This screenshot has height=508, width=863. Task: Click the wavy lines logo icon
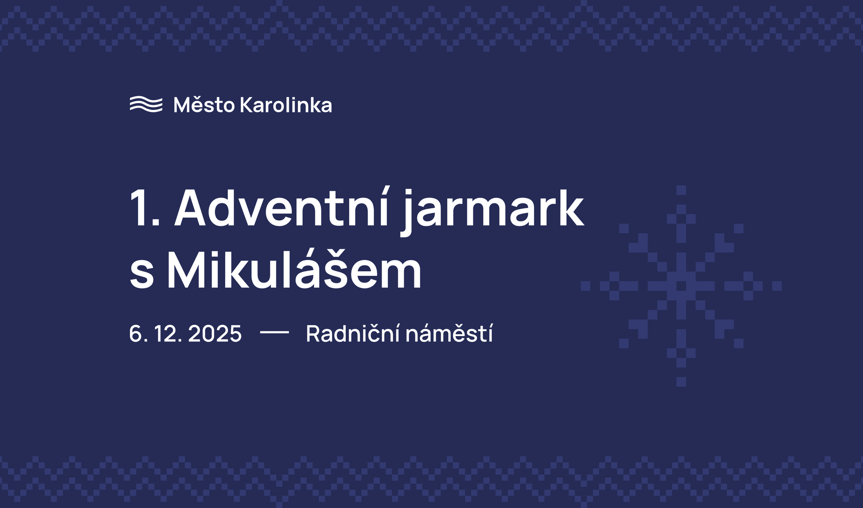(146, 104)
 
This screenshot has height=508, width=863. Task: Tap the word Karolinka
(286, 105)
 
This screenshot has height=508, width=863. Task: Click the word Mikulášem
(294, 270)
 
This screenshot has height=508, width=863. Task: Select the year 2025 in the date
(215, 334)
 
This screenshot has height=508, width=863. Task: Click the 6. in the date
(136, 334)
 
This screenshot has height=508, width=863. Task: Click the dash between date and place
(274, 333)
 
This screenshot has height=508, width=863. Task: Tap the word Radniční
(352, 334)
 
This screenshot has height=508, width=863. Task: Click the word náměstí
(449, 334)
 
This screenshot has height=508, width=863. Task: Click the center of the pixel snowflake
(681, 286)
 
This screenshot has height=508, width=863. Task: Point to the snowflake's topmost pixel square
(681, 190)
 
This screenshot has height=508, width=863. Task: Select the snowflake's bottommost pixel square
(681, 382)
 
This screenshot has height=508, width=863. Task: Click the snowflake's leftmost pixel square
(585, 286)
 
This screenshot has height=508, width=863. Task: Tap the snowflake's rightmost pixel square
(777, 286)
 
